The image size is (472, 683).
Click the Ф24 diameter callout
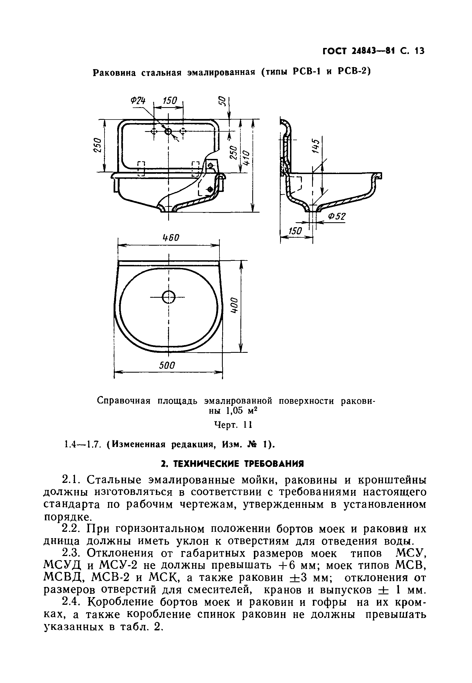138,101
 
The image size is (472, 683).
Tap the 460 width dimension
171,237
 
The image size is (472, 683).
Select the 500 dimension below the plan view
167,366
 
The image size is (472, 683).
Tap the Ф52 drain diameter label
337,217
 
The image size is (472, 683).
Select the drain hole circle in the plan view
168,297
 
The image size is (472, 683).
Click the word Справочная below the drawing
124,401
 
